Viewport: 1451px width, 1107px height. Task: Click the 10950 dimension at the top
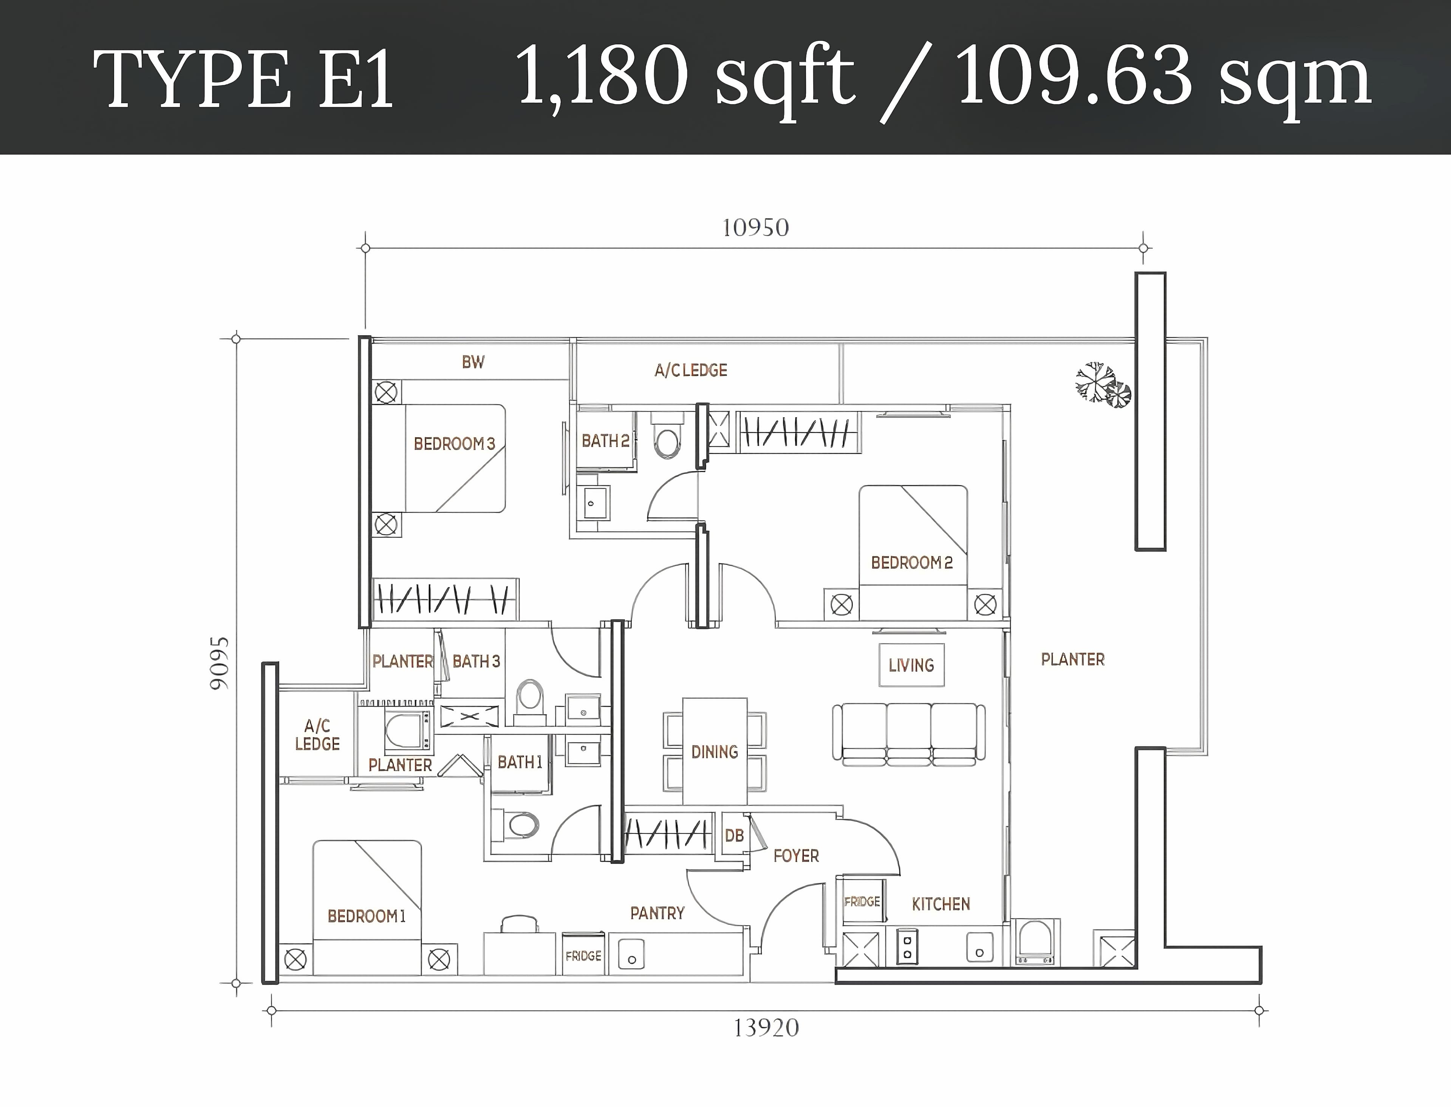(755, 228)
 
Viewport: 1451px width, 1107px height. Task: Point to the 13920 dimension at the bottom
(766, 1028)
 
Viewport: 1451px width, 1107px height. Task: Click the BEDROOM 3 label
(455, 443)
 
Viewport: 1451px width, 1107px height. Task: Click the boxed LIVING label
(911, 666)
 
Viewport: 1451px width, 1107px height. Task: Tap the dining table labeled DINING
(715, 751)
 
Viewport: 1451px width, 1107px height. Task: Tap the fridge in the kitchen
(862, 901)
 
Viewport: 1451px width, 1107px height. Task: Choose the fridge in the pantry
(583, 954)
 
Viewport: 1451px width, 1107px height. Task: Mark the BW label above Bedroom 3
(473, 362)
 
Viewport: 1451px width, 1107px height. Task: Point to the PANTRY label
(657, 913)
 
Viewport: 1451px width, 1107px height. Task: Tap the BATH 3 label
(476, 661)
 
